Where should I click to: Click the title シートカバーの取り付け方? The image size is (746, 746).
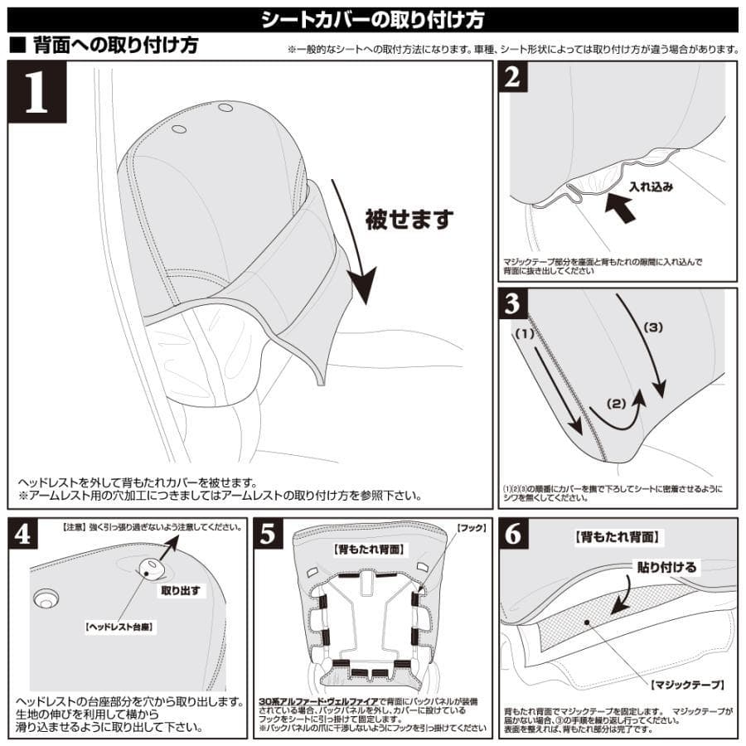click(x=372, y=19)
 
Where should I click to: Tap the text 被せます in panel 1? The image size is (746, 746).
click(x=409, y=219)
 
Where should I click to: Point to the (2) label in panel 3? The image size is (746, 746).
click(x=616, y=405)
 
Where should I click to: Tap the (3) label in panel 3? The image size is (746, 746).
click(x=654, y=327)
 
